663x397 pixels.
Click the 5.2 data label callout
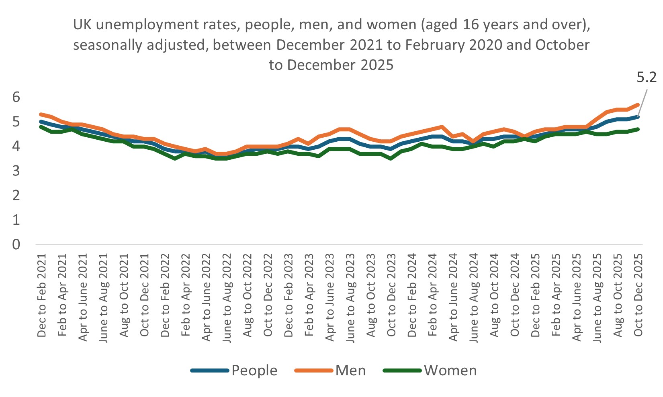pos(646,77)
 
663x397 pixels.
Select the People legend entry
pos(254,371)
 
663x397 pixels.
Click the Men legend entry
pos(350,371)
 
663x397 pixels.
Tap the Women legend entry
pos(450,371)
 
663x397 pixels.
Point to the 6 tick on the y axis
pos(16,97)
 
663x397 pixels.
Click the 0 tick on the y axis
pos(16,244)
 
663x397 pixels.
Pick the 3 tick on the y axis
pos(16,171)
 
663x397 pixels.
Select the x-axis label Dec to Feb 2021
pos(42,295)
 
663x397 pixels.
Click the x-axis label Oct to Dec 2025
pos(638,295)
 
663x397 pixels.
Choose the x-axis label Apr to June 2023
pos(330,297)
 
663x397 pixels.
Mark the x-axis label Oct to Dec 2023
pos(391,295)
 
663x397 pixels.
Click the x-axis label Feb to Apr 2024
pos(433,295)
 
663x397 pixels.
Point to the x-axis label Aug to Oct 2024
pos(495,295)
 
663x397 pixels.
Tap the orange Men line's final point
pos(638,104)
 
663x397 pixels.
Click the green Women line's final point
pos(638,129)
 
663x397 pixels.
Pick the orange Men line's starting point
pos(41,114)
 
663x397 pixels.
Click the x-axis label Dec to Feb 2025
pos(536,295)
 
